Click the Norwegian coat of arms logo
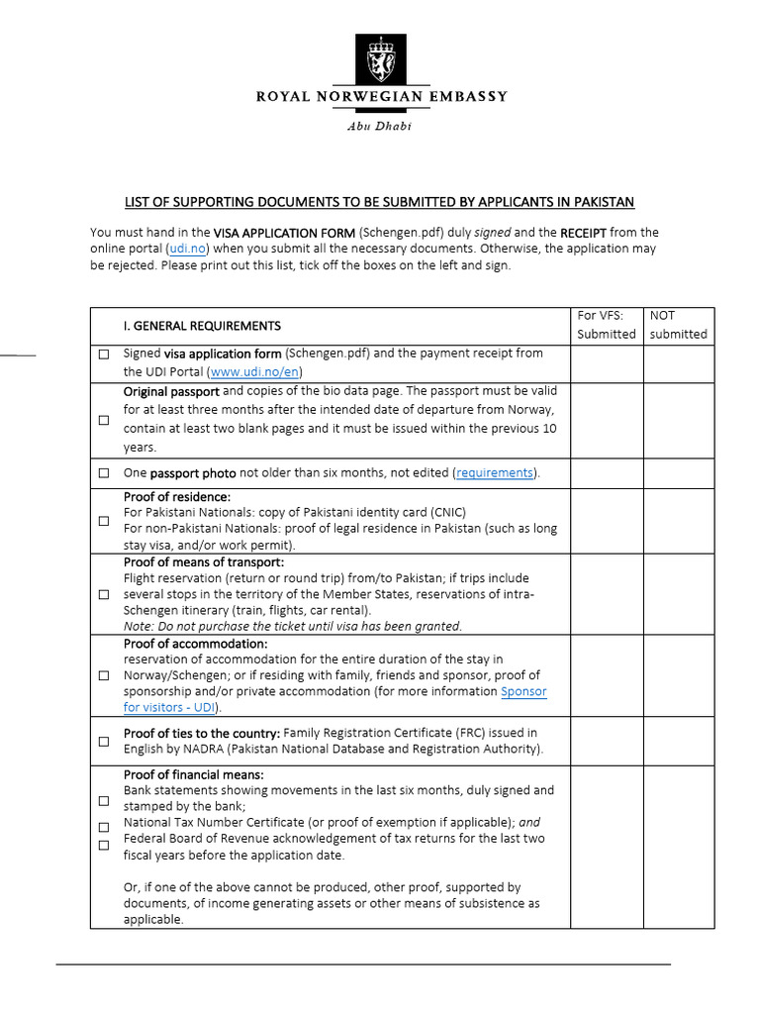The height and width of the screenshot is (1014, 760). [x=380, y=59]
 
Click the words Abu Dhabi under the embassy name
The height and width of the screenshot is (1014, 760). [x=379, y=126]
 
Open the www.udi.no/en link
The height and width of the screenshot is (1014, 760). [x=254, y=371]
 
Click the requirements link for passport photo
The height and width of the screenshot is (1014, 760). [x=495, y=472]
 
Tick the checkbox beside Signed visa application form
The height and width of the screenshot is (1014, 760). [x=104, y=355]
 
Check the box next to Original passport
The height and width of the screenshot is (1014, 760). [x=104, y=420]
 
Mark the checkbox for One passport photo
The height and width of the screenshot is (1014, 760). [x=104, y=473]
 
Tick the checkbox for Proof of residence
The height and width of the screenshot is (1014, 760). [x=104, y=521]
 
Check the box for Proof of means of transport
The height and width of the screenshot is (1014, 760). [x=104, y=594]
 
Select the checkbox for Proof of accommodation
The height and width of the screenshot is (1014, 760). [x=104, y=675]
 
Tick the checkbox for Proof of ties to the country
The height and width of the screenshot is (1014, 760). [x=104, y=742]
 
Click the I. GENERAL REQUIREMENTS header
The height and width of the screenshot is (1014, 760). [x=202, y=325]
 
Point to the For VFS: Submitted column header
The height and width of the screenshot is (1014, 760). [x=606, y=325]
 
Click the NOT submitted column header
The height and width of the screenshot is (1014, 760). [x=678, y=325]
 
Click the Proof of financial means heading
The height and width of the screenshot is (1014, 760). [x=194, y=774]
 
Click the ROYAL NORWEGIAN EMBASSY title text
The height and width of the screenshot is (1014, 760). [x=381, y=97]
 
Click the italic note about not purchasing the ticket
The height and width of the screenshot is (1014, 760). [x=292, y=626]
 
